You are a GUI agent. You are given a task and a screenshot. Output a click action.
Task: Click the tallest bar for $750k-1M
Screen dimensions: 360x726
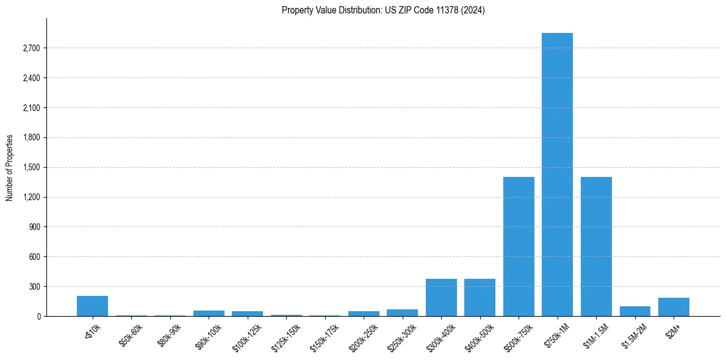557,175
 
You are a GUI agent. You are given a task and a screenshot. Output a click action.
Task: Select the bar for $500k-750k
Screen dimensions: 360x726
519,247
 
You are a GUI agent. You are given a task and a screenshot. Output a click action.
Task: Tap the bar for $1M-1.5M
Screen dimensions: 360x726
596,247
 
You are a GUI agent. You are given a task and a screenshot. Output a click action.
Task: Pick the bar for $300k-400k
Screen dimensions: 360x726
441,298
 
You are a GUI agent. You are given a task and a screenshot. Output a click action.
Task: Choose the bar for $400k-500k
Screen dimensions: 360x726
480,298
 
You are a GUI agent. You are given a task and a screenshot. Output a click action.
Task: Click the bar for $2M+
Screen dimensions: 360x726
674,307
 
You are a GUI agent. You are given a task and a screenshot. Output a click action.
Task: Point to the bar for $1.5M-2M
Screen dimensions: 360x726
634,311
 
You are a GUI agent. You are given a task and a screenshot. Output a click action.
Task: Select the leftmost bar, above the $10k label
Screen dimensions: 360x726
92,306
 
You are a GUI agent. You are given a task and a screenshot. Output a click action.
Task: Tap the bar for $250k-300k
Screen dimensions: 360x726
402,313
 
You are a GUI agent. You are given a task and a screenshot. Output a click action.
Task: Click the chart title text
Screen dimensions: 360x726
383,10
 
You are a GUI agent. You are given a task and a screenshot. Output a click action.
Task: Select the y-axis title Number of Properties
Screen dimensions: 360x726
10,167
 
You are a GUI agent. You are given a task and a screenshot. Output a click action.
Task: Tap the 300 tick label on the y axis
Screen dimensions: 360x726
34,286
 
